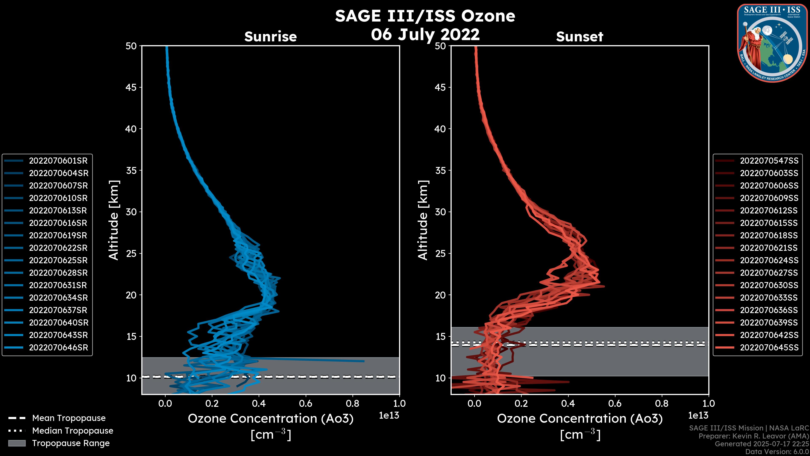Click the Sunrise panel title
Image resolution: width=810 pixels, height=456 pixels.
(270, 37)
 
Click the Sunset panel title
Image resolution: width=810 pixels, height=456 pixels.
(579, 37)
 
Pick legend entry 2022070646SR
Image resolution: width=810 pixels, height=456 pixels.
(58, 347)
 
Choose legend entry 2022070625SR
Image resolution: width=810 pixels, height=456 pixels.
(58, 260)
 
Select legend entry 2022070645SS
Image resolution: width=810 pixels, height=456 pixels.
(769, 347)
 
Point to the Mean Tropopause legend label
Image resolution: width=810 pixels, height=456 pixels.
(69, 418)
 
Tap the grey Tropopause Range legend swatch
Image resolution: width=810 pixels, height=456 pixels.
(17, 443)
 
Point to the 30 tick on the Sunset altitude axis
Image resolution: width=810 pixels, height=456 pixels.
(440, 212)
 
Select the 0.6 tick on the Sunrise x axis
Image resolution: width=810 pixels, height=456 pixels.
(306, 403)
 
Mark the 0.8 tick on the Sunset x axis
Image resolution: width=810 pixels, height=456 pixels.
(662, 403)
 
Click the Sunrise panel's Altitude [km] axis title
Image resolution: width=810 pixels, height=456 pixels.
(113, 220)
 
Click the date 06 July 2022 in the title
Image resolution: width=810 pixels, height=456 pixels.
(425, 34)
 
